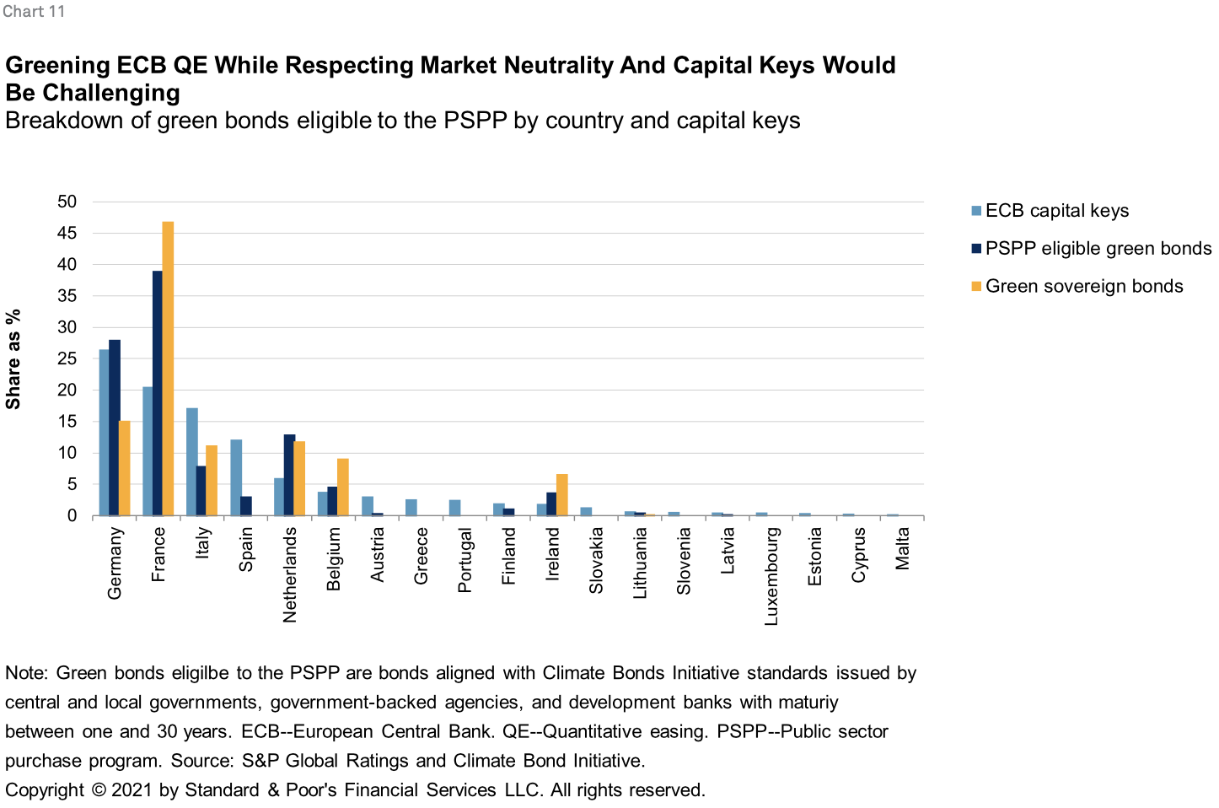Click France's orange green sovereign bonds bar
(168, 369)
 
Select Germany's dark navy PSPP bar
(115, 428)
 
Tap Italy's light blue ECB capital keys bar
(192, 461)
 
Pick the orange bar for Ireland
(562, 495)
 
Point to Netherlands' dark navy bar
(289, 475)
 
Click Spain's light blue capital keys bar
(236, 477)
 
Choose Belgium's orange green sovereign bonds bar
(342, 487)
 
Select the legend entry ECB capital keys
(1056, 211)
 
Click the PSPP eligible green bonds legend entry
(1098, 249)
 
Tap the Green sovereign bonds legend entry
(1083, 287)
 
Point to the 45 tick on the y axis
(67, 233)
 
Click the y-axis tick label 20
(67, 390)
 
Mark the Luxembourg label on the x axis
(771, 576)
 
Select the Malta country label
(902, 548)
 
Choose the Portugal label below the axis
(465, 560)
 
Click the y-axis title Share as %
(13, 359)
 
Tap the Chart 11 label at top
(34, 12)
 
